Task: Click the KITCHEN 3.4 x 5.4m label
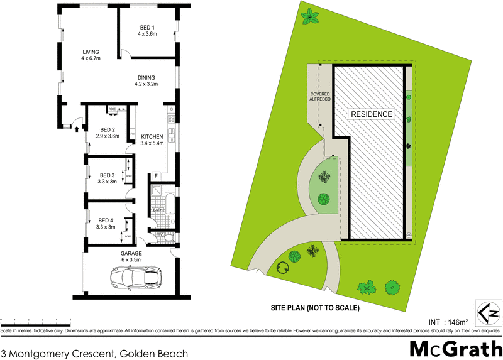tap(152, 140)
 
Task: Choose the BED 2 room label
tap(104, 133)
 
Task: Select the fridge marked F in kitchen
tap(155, 177)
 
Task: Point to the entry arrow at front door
tap(77, 129)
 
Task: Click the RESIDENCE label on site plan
tap(371, 114)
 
